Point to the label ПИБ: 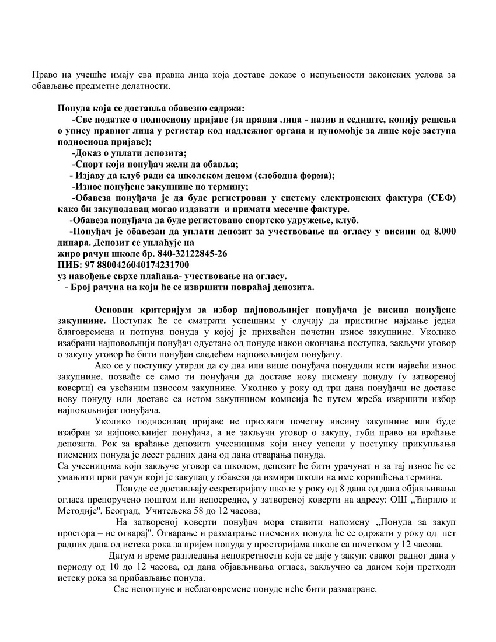(x=68, y=265)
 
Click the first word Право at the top (x=44, y=75)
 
